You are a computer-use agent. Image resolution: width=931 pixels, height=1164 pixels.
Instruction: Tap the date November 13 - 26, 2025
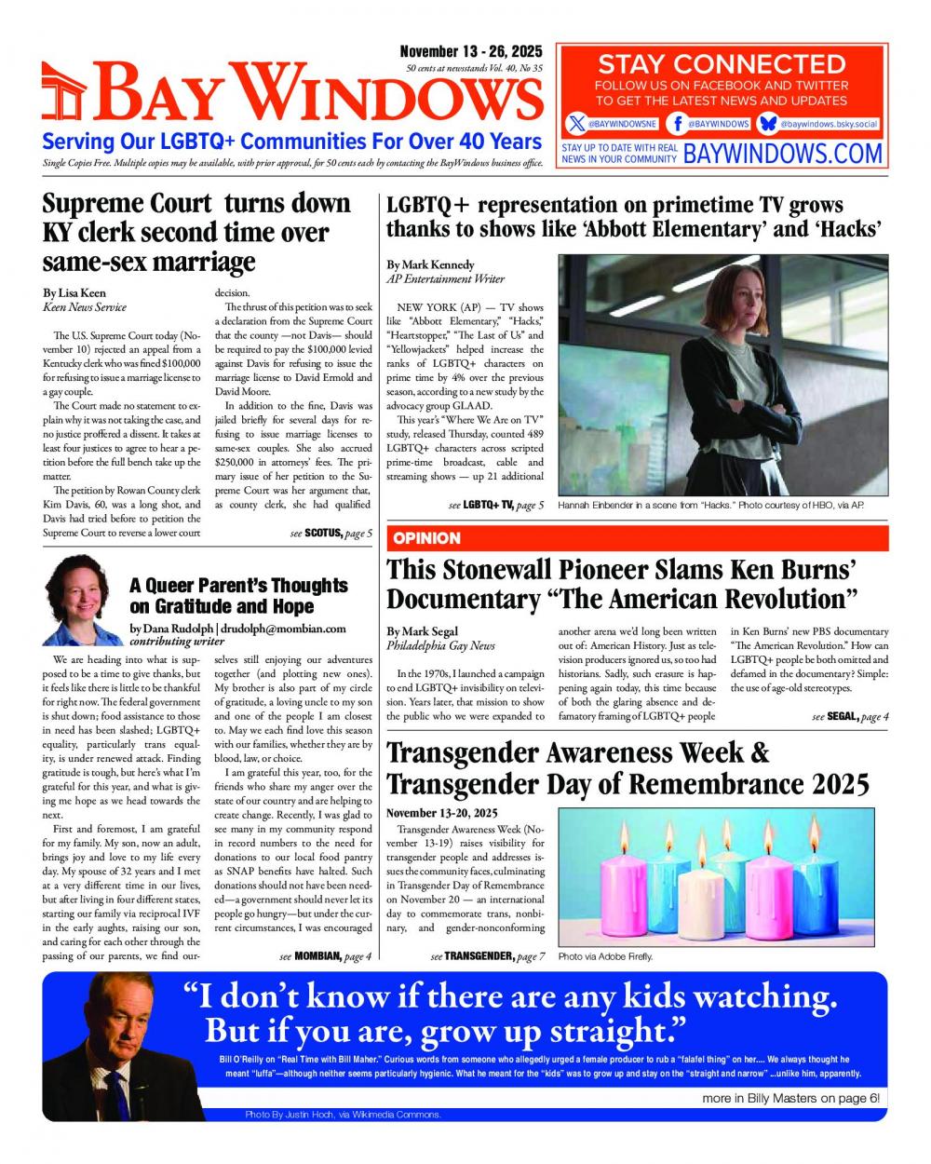[471, 52]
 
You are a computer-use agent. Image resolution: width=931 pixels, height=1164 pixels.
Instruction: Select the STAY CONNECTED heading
[722, 64]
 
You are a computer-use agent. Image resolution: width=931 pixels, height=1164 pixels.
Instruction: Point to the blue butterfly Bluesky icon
[768, 123]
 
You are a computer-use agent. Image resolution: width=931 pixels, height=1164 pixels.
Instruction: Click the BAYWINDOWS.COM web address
[782, 154]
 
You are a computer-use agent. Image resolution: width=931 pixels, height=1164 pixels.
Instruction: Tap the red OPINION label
[426, 538]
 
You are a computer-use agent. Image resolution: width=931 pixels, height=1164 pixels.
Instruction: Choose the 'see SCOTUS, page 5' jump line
[331, 534]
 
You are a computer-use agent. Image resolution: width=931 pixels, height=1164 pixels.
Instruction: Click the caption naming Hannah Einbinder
[711, 505]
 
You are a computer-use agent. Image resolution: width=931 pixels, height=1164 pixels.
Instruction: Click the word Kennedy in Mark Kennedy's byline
[452, 264]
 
